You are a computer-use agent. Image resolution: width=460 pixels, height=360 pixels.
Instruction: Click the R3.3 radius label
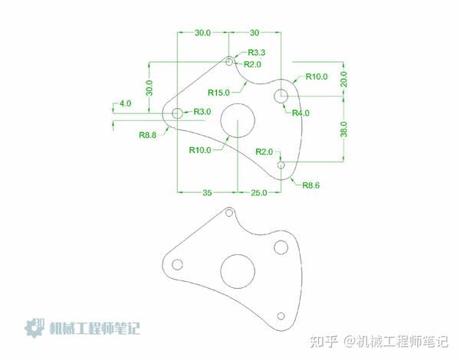[256, 52]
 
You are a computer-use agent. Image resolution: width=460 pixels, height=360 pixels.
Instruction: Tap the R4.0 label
[301, 113]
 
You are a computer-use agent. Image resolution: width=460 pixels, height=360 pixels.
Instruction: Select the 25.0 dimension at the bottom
[259, 192]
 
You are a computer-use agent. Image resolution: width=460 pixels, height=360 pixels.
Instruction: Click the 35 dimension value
[207, 192]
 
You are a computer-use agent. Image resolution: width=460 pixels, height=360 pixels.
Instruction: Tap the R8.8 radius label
[149, 135]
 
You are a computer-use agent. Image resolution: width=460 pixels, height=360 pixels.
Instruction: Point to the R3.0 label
[202, 112]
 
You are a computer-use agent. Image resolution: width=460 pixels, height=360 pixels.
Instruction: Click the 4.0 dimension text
[125, 103]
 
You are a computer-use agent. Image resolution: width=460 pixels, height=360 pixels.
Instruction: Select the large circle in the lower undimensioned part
[238, 270]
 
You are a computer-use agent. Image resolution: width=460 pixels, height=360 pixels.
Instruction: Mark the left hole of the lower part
[177, 264]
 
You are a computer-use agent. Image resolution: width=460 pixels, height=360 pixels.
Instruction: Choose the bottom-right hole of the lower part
[281, 316]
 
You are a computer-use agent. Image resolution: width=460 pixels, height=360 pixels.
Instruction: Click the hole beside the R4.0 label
[281, 96]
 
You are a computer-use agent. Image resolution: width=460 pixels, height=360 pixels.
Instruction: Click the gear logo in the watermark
[35, 328]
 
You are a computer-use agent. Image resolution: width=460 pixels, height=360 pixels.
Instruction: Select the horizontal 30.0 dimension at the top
[202, 33]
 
